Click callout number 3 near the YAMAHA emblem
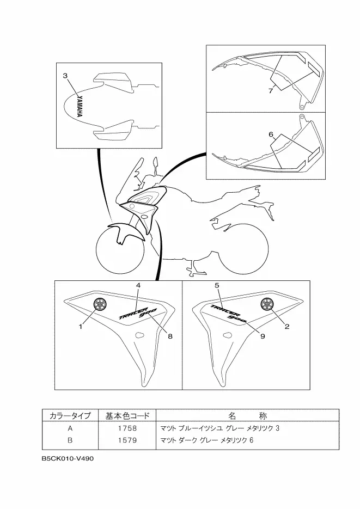(65, 76)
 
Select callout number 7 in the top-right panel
(271, 91)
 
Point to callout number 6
(271, 134)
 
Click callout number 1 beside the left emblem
(81, 327)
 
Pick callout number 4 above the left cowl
(138, 285)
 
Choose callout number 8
(170, 336)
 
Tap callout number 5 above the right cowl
(217, 285)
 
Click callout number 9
(262, 336)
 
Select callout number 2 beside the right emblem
(287, 327)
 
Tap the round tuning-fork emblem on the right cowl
(267, 304)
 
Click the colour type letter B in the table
(70, 440)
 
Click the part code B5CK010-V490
(68, 458)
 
